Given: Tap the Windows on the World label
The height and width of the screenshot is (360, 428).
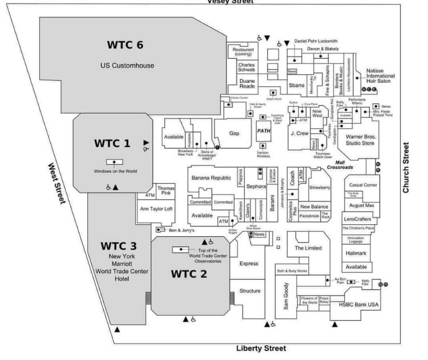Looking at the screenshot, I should point(115,171).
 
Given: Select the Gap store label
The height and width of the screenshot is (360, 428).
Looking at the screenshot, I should point(234,133).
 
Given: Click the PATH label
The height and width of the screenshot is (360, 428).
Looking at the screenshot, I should point(264,131).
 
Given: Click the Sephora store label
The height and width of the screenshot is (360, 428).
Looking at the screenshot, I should point(256,186).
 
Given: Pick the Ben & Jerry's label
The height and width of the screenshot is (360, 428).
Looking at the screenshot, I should point(182,230).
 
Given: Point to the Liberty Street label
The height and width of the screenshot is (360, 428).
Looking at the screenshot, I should point(261,348).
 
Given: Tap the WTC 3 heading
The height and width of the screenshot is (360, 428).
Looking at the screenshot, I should point(119,246).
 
